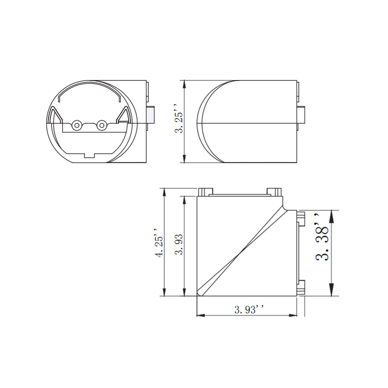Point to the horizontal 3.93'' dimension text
point(249,309)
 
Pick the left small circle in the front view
point(77,126)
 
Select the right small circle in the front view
point(101,126)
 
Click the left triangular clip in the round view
point(54,117)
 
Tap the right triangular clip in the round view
point(124,117)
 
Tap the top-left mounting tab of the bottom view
point(206,191)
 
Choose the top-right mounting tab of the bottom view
point(274,191)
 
